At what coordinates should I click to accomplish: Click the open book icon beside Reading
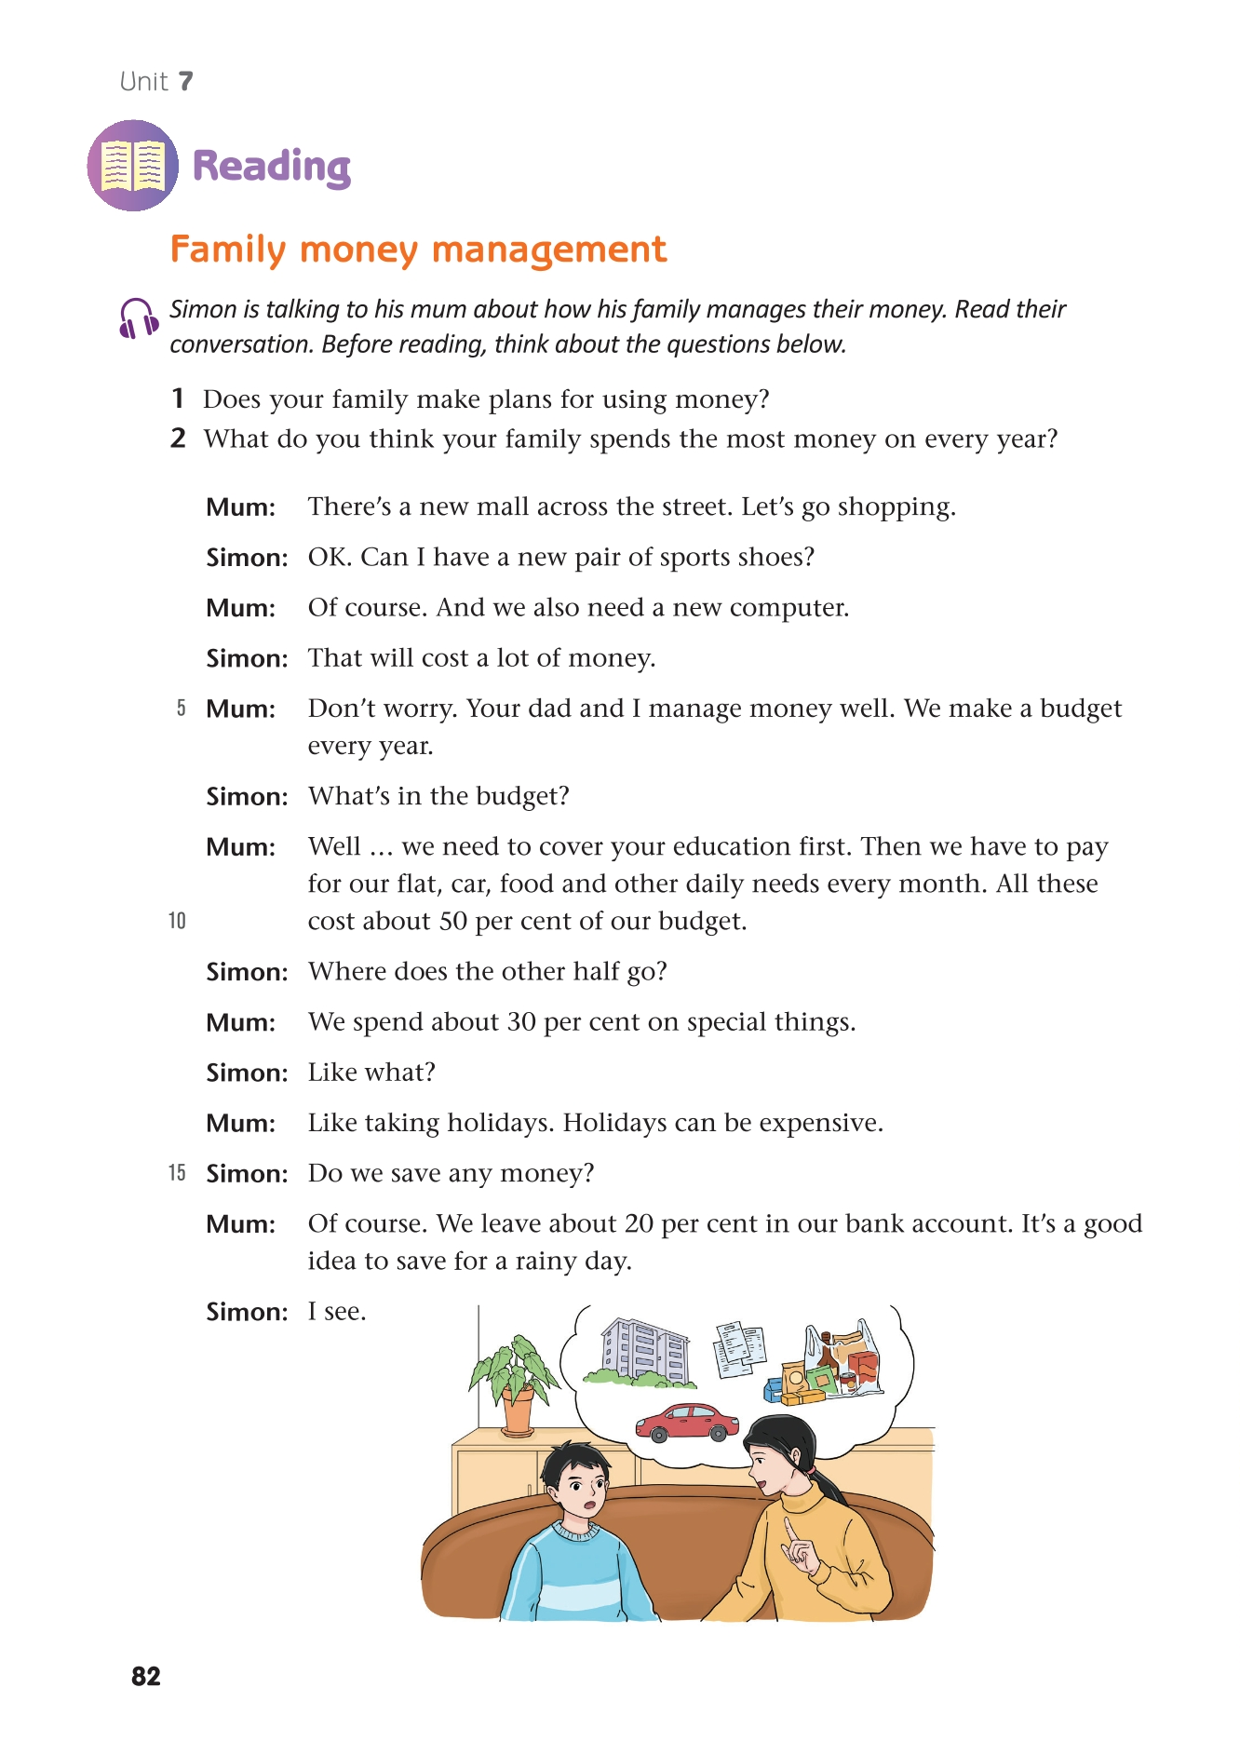coord(133,166)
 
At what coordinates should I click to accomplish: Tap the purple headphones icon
coord(138,318)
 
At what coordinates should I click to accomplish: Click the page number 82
coord(146,1676)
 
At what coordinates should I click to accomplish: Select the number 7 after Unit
coord(186,82)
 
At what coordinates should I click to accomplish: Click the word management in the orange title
coord(549,250)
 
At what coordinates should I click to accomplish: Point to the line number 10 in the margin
coord(177,921)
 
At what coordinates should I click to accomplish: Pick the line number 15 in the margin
coord(177,1173)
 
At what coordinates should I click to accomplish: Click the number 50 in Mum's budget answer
coord(452,921)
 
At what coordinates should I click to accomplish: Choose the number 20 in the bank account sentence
coord(639,1223)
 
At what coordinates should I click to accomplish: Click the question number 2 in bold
coord(179,439)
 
